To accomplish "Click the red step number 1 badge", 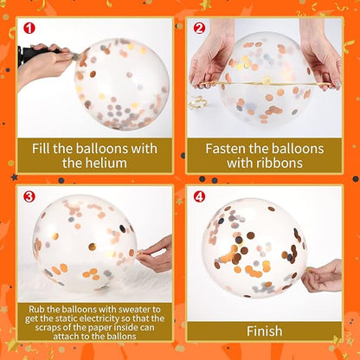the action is [29, 29].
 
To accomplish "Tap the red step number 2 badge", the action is [199, 29].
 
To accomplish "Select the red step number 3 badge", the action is [29, 196].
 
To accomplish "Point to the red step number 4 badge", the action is [199, 197].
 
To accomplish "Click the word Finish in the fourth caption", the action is [265, 331].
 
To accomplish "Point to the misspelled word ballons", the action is [121, 337].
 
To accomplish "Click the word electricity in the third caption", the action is [99, 318].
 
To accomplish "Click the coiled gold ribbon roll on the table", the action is [197, 102].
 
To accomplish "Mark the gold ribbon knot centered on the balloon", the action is [266, 80].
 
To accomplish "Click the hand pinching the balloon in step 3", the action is [155, 254].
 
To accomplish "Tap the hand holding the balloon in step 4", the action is [323, 276].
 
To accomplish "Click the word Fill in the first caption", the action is [41, 149].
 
